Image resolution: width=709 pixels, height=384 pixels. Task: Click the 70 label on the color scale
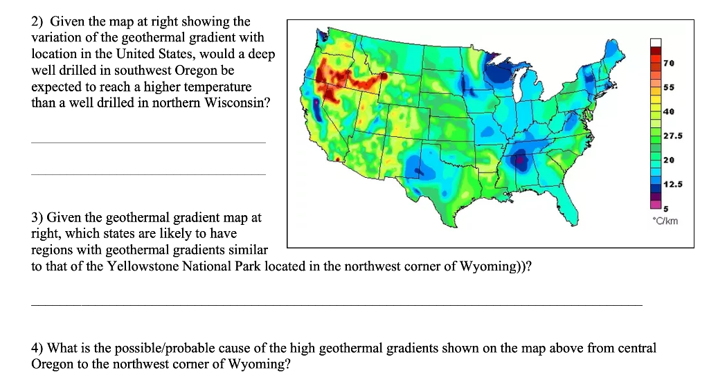tap(668, 64)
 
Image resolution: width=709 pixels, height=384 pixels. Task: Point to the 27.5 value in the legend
tap(672, 136)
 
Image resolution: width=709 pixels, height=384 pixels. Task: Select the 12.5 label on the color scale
tap(672, 184)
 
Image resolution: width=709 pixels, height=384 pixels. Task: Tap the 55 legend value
tap(668, 88)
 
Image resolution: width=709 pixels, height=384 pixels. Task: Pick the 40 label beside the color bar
tap(668, 111)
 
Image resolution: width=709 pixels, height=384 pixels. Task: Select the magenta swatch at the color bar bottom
tap(656, 203)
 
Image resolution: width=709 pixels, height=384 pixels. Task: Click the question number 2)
tap(38, 22)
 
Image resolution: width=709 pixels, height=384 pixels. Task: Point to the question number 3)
tap(38, 217)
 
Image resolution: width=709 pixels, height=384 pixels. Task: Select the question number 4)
tap(38, 348)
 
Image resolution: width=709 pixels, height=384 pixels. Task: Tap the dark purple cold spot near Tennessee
tap(519, 161)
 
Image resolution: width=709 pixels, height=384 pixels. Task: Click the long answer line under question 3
tap(336, 304)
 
